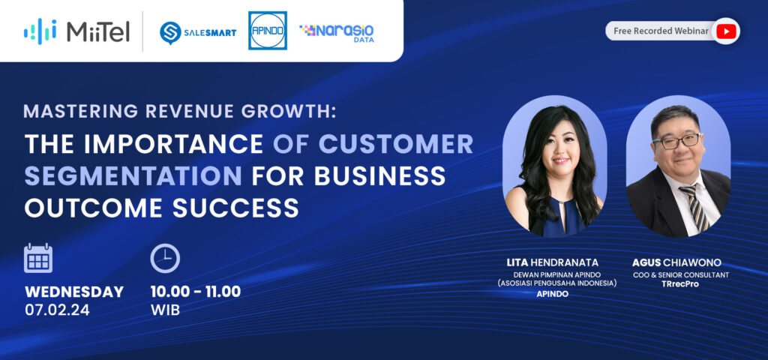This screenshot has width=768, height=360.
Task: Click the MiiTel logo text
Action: (98, 31)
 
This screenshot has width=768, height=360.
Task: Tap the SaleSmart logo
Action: (198, 33)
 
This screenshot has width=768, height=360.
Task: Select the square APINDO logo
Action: (268, 30)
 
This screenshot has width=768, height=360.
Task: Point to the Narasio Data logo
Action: (337, 33)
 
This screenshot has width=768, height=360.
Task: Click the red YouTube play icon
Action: (726, 31)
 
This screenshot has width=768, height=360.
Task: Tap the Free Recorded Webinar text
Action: (661, 31)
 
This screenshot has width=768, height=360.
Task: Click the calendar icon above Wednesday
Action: (38, 258)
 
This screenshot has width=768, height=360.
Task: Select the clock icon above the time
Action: (165, 258)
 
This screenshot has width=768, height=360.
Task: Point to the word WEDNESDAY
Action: (74, 292)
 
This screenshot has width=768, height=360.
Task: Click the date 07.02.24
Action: (57, 310)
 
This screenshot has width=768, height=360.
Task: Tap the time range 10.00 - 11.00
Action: (196, 292)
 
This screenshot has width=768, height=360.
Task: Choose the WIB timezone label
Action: (165, 310)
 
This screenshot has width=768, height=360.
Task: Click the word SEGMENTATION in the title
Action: (133, 175)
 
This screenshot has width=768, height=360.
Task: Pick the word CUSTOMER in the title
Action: (396, 143)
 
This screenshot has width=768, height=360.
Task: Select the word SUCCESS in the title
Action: (235, 208)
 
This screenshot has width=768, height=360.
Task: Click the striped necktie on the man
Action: (694, 207)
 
